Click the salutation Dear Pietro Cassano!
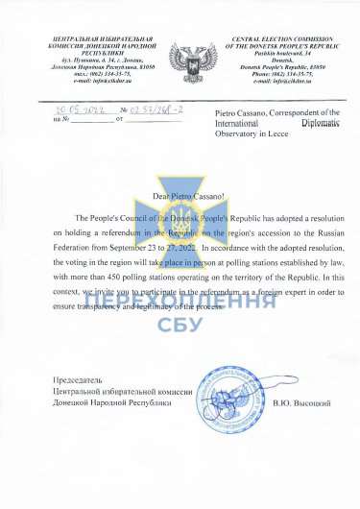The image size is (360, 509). click(x=179, y=200)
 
